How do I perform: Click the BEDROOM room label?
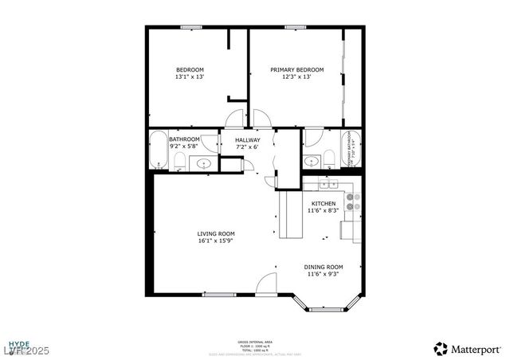pyautogui.click(x=190, y=69)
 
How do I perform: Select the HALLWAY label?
pyautogui.click(x=247, y=140)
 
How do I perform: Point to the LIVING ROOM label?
pyautogui.click(x=216, y=233)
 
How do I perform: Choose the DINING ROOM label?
pyautogui.click(x=324, y=267)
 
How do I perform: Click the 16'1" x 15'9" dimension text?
pyautogui.click(x=216, y=241)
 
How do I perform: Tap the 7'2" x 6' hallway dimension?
pyautogui.click(x=247, y=147)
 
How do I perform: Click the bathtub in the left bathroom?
pyautogui.click(x=158, y=149)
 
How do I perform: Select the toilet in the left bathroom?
pyautogui.click(x=179, y=162)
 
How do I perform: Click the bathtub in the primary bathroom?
pyautogui.click(x=351, y=149)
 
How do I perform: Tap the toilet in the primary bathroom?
pyautogui.click(x=328, y=159)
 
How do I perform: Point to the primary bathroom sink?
pyautogui.click(x=312, y=161)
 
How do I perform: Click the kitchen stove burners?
pyautogui.click(x=351, y=202)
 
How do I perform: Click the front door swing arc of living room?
pyautogui.click(x=266, y=284)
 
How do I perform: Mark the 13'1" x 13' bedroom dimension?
pyautogui.click(x=190, y=77)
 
